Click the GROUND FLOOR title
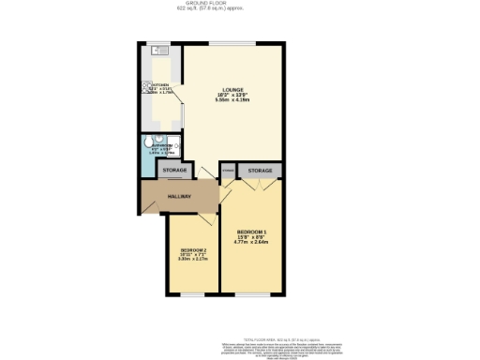240,4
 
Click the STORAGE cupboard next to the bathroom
173,170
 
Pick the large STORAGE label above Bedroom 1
260,170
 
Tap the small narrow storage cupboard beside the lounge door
228,170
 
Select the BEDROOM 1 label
253,232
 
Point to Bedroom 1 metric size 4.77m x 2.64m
253,243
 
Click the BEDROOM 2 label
194,249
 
